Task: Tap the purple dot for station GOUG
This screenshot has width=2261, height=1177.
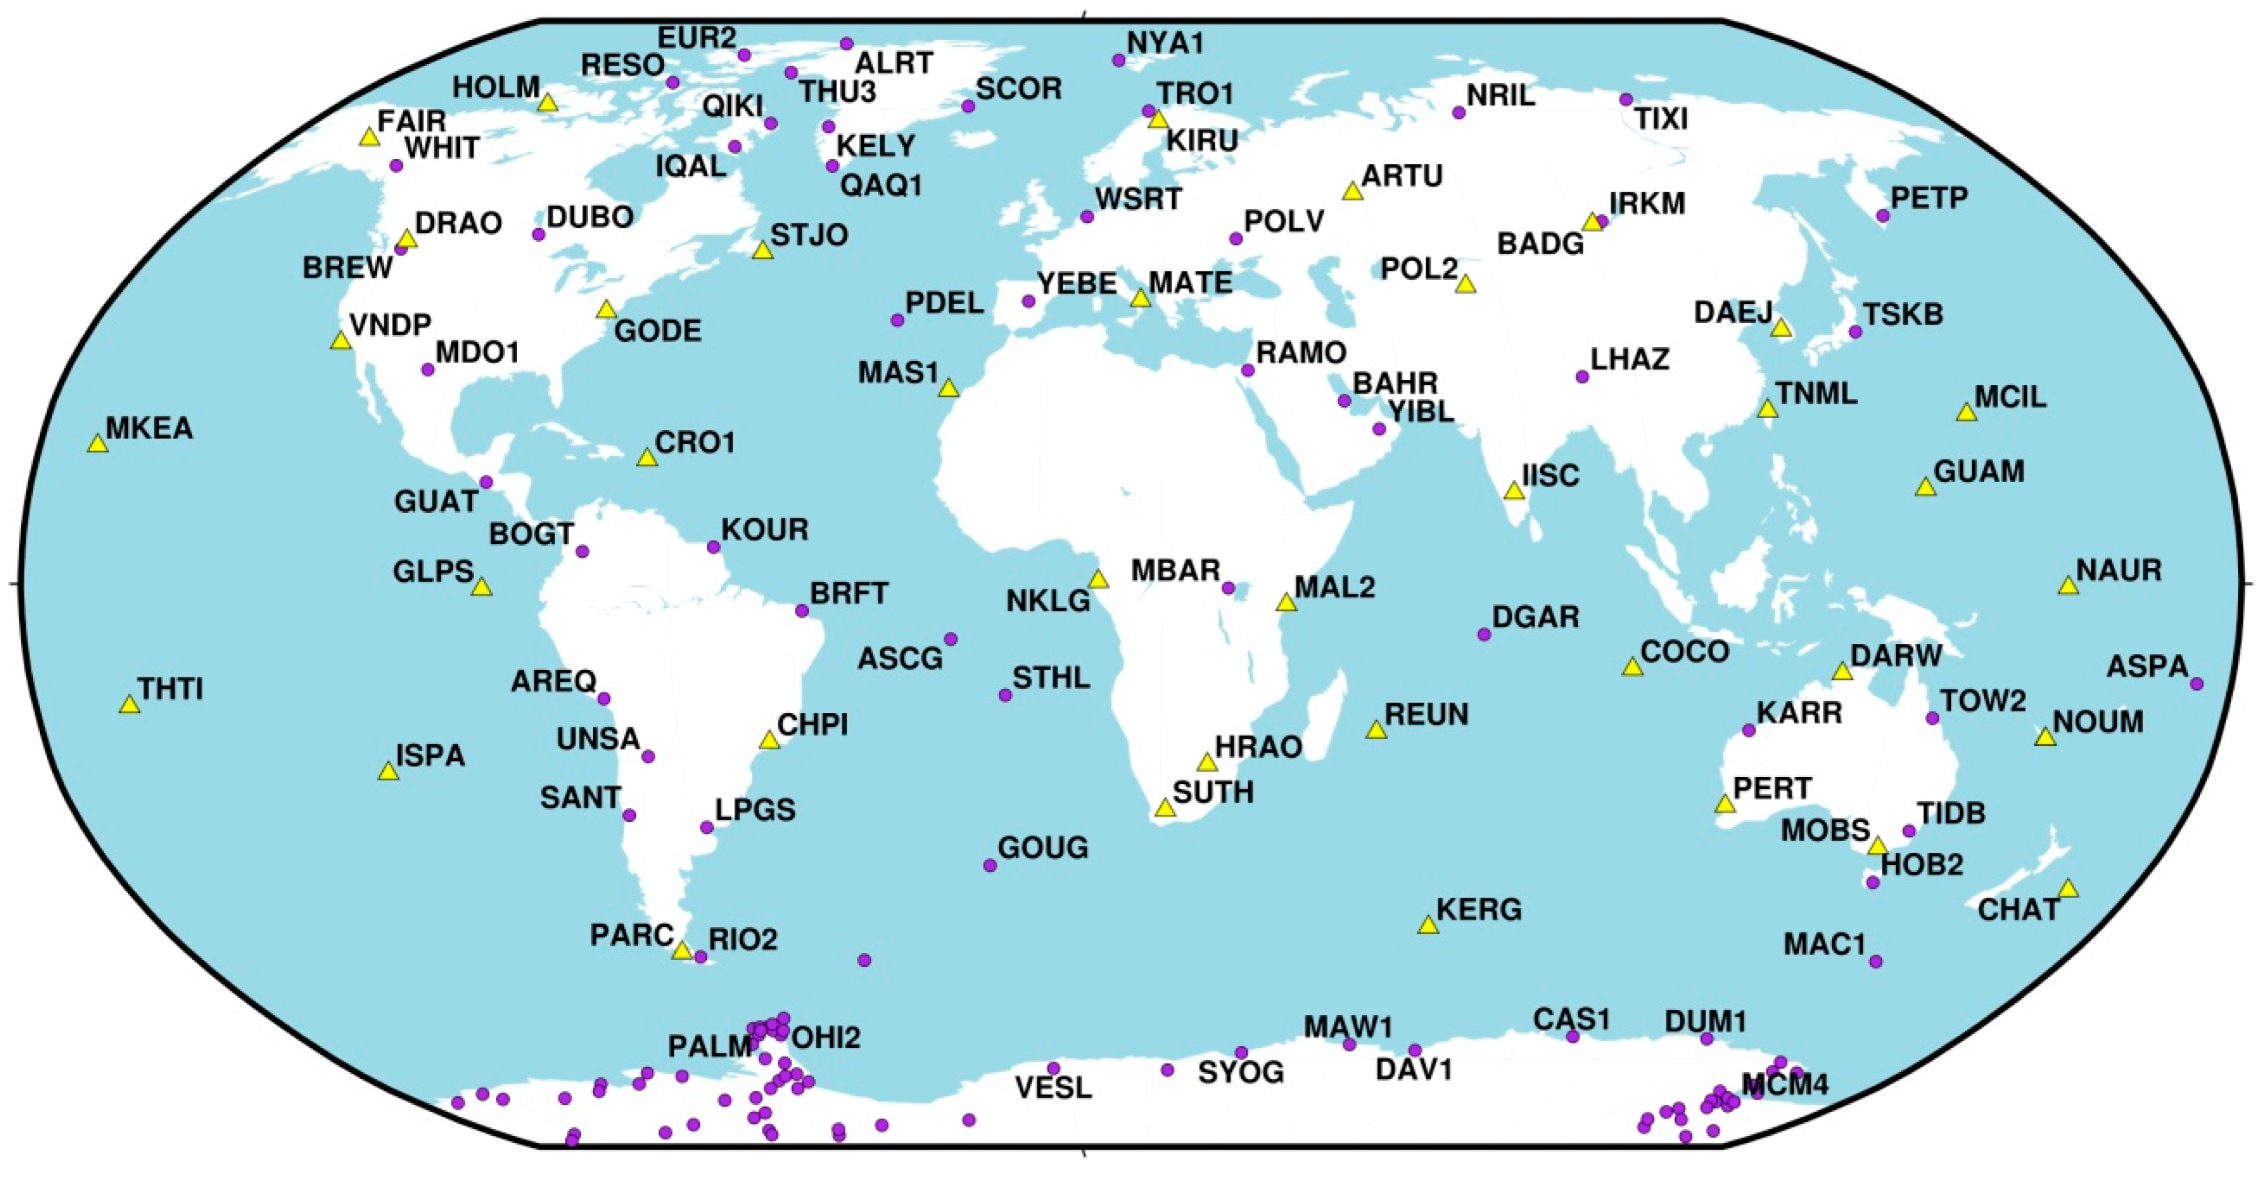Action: (x=990, y=865)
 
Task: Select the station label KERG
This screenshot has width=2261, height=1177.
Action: (x=1479, y=909)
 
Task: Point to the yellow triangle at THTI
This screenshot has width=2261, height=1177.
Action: (x=129, y=705)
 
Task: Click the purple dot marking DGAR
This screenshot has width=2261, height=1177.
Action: (x=1485, y=634)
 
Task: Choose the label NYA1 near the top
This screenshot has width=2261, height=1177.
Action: (x=1165, y=43)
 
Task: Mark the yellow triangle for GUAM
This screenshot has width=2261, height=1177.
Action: (x=1925, y=487)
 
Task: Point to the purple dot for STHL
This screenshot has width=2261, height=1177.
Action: (x=1005, y=695)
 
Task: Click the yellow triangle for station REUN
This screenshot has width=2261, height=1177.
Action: (x=1376, y=729)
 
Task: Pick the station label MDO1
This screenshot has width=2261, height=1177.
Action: (x=478, y=353)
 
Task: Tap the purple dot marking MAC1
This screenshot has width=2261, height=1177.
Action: (x=1876, y=961)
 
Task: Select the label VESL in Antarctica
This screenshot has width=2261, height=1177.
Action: (x=1053, y=1088)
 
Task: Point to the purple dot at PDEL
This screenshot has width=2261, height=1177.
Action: (x=897, y=320)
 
